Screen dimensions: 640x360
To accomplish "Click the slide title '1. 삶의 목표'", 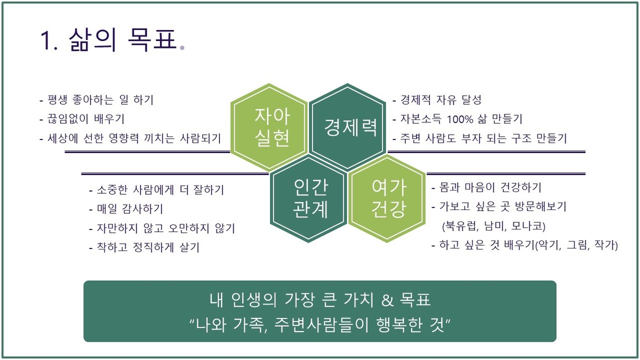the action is tap(108, 39).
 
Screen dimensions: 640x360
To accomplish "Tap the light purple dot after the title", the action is tap(182, 48).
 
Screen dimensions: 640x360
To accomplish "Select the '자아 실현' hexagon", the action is tap(269, 127).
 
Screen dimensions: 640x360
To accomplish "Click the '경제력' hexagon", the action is tap(347, 127).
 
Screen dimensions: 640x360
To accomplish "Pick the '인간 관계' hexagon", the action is tap(308, 198).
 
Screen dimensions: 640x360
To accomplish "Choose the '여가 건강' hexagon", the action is tap(387, 198).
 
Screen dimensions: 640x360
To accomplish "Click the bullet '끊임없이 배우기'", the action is tap(82, 119).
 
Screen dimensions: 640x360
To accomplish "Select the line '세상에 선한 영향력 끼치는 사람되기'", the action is tap(131, 138).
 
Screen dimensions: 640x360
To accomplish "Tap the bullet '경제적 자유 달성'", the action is tap(437, 99).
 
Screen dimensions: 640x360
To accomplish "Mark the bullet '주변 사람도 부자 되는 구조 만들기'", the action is tap(479, 138).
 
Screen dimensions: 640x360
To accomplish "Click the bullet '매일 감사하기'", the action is tap(126, 209).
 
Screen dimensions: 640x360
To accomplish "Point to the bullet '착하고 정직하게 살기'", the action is tap(144, 247).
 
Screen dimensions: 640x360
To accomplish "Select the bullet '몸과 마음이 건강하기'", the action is tap(486, 187).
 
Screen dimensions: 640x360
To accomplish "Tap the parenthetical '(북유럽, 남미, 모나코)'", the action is tap(494, 226).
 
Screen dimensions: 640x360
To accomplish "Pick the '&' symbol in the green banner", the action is tap(387, 300).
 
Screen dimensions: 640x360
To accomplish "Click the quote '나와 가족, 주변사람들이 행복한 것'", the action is tap(320, 325).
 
